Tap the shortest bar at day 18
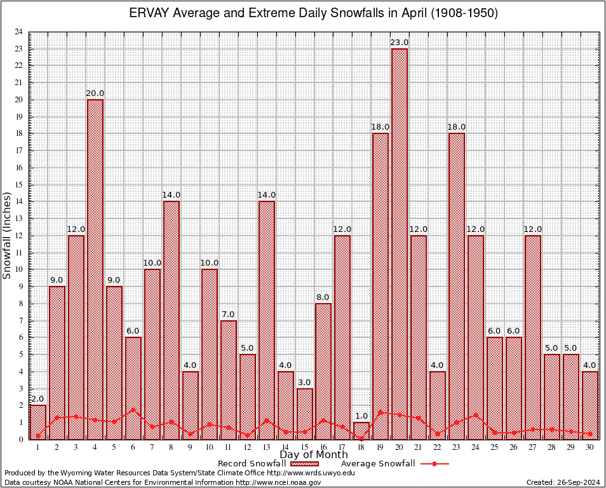coord(361,431)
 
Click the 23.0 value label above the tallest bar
coord(400,43)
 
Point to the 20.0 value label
coord(95,93)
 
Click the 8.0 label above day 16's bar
coord(323,297)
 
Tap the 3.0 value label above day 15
coord(304,382)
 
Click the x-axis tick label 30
coord(590,447)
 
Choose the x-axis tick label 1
coord(38,447)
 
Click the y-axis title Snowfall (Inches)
coord(7,236)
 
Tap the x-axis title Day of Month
coord(313,455)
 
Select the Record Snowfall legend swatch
coord(300,464)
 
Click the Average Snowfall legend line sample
coord(434,464)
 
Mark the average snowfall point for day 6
coord(133,410)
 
